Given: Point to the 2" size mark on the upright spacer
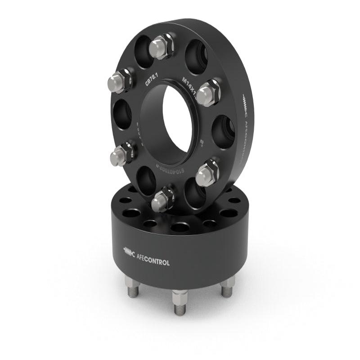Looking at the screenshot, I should click(203, 144).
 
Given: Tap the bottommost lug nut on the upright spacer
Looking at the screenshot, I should click(162, 200).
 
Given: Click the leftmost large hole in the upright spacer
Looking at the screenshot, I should click(122, 114).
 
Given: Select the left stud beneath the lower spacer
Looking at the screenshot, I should click(132, 287).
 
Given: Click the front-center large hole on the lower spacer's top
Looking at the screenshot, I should click(180, 227).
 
